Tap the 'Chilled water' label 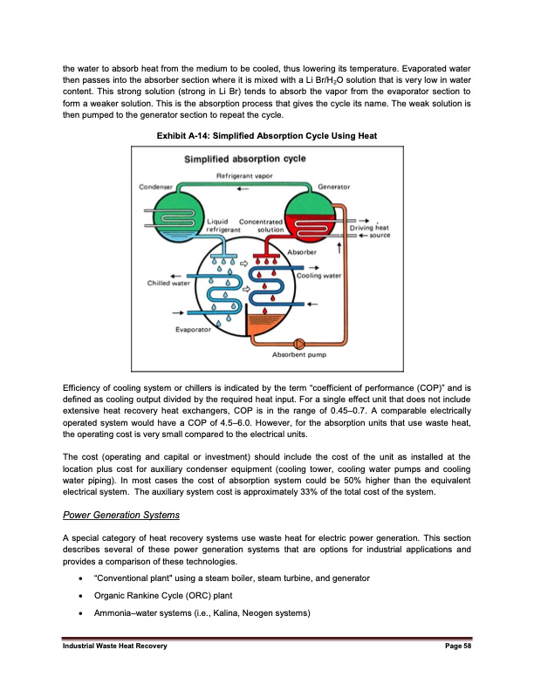[x=168, y=282]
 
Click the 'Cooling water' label [x=318, y=277]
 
